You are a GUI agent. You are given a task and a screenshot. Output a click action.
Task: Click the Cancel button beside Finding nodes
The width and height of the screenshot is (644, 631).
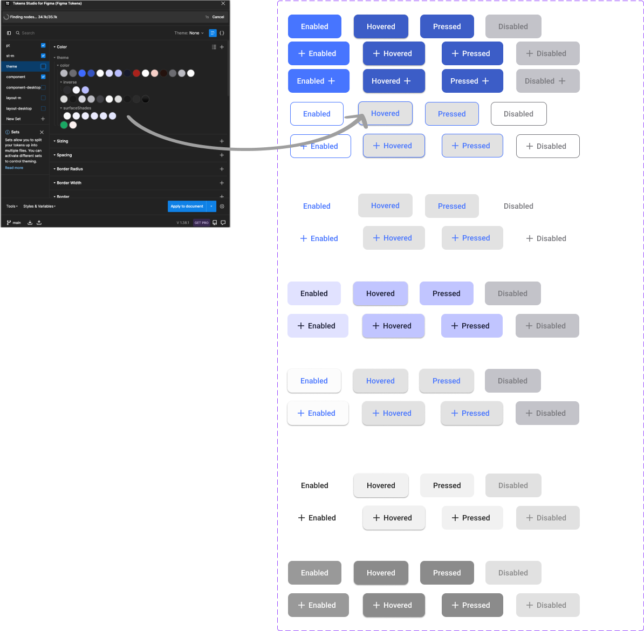[x=218, y=17]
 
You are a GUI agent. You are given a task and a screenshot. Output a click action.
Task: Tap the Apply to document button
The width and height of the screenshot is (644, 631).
[x=187, y=207]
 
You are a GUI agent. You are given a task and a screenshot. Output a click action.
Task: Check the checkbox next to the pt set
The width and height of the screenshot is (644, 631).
[x=43, y=45]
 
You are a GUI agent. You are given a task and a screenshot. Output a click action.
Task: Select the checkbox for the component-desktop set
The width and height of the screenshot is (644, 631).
[x=44, y=87]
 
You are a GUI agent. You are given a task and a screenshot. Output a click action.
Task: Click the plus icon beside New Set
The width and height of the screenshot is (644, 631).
[x=43, y=119]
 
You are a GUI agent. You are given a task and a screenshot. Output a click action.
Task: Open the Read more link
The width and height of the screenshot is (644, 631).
[x=14, y=168]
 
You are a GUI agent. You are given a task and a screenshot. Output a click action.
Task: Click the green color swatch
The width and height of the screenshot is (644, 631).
[x=64, y=125]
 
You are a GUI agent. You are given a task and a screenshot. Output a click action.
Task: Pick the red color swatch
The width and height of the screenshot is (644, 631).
[x=136, y=73]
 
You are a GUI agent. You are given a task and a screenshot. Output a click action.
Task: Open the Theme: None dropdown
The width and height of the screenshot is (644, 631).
[x=189, y=33]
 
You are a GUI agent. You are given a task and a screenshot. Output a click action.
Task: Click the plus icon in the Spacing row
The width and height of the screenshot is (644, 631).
[x=222, y=155]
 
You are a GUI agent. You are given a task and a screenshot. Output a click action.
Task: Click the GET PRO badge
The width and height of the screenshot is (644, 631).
[x=201, y=223]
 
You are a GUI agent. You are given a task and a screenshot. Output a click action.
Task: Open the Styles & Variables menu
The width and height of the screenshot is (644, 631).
[x=39, y=207]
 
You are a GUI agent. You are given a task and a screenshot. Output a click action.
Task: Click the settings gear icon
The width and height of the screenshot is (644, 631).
[x=222, y=207]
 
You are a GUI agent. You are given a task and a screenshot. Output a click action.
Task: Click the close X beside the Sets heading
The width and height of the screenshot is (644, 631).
[x=42, y=132]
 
